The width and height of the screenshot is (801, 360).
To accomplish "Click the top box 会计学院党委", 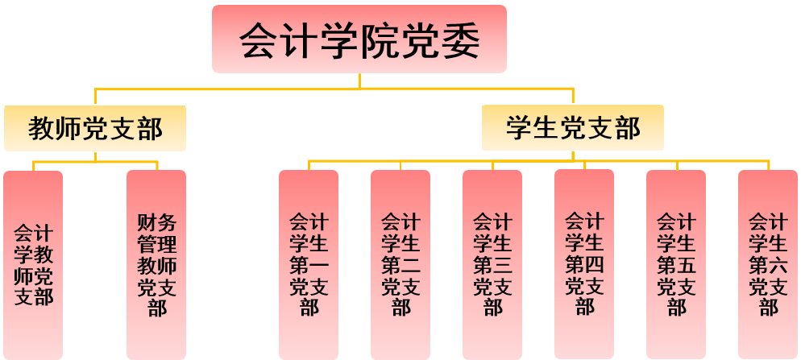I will pyautogui.click(x=359, y=39).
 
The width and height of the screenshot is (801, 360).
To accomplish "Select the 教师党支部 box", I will pyautogui.click(x=95, y=129).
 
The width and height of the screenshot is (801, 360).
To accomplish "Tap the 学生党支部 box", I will pyautogui.click(x=573, y=128).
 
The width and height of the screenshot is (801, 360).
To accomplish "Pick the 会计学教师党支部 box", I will pyautogui.click(x=33, y=264).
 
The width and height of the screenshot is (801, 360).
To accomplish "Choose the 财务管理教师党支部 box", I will pyautogui.click(x=156, y=264).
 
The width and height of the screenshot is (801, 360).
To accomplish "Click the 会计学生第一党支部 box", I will pyautogui.click(x=309, y=264).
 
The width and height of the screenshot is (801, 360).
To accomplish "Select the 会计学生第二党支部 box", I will pyautogui.click(x=400, y=264).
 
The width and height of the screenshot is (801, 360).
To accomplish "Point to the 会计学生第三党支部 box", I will pyautogui.click(x=492, y=264).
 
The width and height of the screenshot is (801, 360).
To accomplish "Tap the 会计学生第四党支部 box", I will pyautogui.click(x=584, y=264).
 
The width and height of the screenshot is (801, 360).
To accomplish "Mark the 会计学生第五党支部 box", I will pyautogui.click(x=676, y=264).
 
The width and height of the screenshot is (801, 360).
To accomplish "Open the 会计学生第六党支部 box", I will pyautogui.click(x=768, y=264).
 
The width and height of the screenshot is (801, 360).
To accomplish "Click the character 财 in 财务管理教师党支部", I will pyautogui.click(x=147, y=222).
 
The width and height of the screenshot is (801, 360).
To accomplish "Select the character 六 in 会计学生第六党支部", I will pyautogui.click(x=778, y=264).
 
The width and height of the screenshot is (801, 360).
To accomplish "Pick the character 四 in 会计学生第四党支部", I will pyautogui.click(x=595, y=263).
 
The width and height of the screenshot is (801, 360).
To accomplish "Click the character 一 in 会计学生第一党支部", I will pyautogui.click(x=319, y=264).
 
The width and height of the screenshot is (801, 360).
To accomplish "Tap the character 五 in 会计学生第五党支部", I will pyautogui.click(x=687, y=264).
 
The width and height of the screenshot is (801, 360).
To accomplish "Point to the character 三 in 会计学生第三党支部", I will pyautogui.click(x=503, y=264).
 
